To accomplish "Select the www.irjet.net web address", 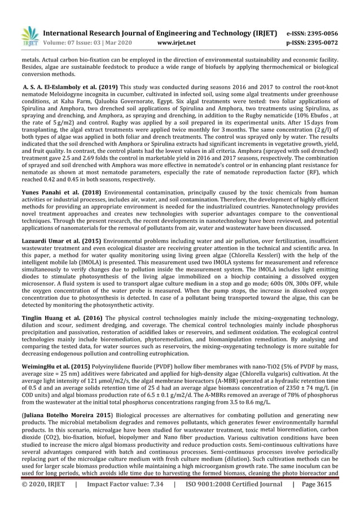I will coord(177,42).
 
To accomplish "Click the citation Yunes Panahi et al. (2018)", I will coord(58,192).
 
